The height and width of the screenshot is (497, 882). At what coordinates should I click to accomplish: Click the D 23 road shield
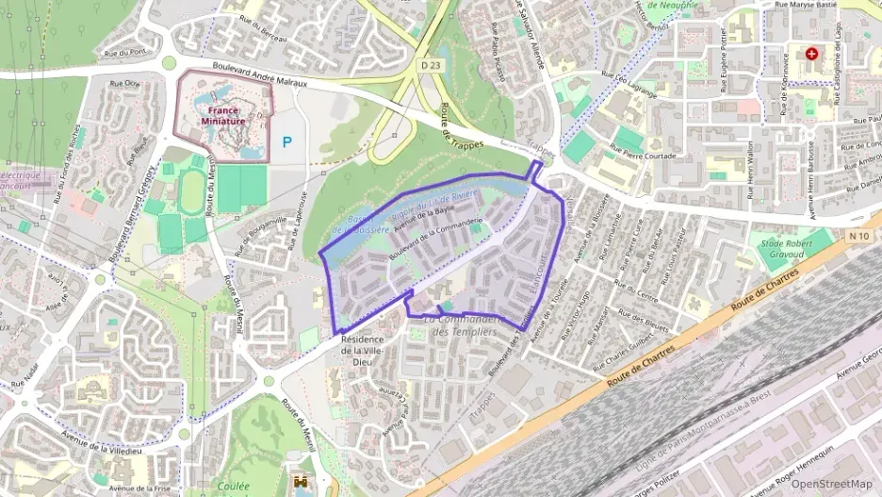tap(431, 64)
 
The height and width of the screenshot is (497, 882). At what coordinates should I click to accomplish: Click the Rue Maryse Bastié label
tap(807, 5)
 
